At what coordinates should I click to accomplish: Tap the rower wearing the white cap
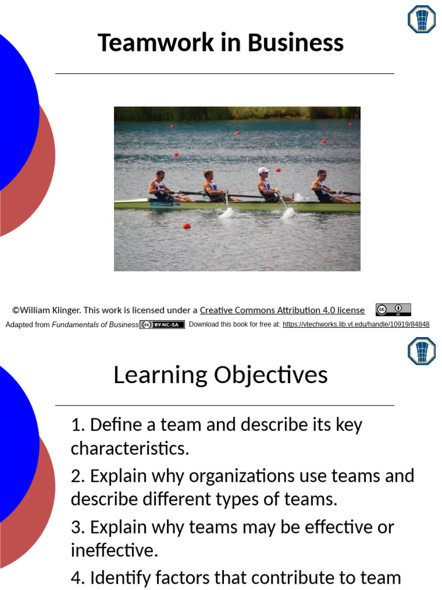pos(266,184)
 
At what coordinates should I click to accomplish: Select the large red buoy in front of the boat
pos(186,225)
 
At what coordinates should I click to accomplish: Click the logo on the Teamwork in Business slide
pos(421,19)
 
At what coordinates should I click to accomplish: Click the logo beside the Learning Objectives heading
pos(421,351)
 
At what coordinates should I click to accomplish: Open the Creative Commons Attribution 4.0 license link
pos(282,310)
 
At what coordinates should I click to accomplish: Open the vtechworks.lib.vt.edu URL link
pos(356,324)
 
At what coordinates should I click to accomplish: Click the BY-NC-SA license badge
pos(162,324)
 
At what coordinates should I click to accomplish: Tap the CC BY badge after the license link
pos(393,310)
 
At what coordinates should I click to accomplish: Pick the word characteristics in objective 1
pos(129,448)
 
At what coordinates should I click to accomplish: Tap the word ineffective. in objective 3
pos(114,550)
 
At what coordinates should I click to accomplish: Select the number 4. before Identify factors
pos(78,577)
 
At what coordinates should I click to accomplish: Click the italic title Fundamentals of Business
pos(95,324)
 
